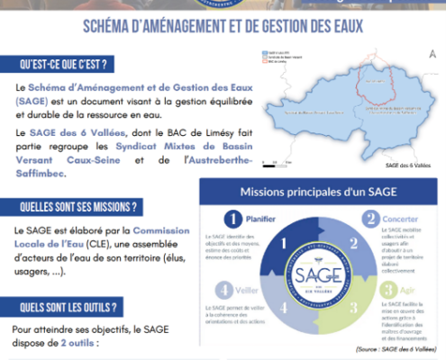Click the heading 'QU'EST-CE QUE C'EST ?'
pos(68,64)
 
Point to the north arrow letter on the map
pos(434,55)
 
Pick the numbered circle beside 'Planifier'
pos(232,219)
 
